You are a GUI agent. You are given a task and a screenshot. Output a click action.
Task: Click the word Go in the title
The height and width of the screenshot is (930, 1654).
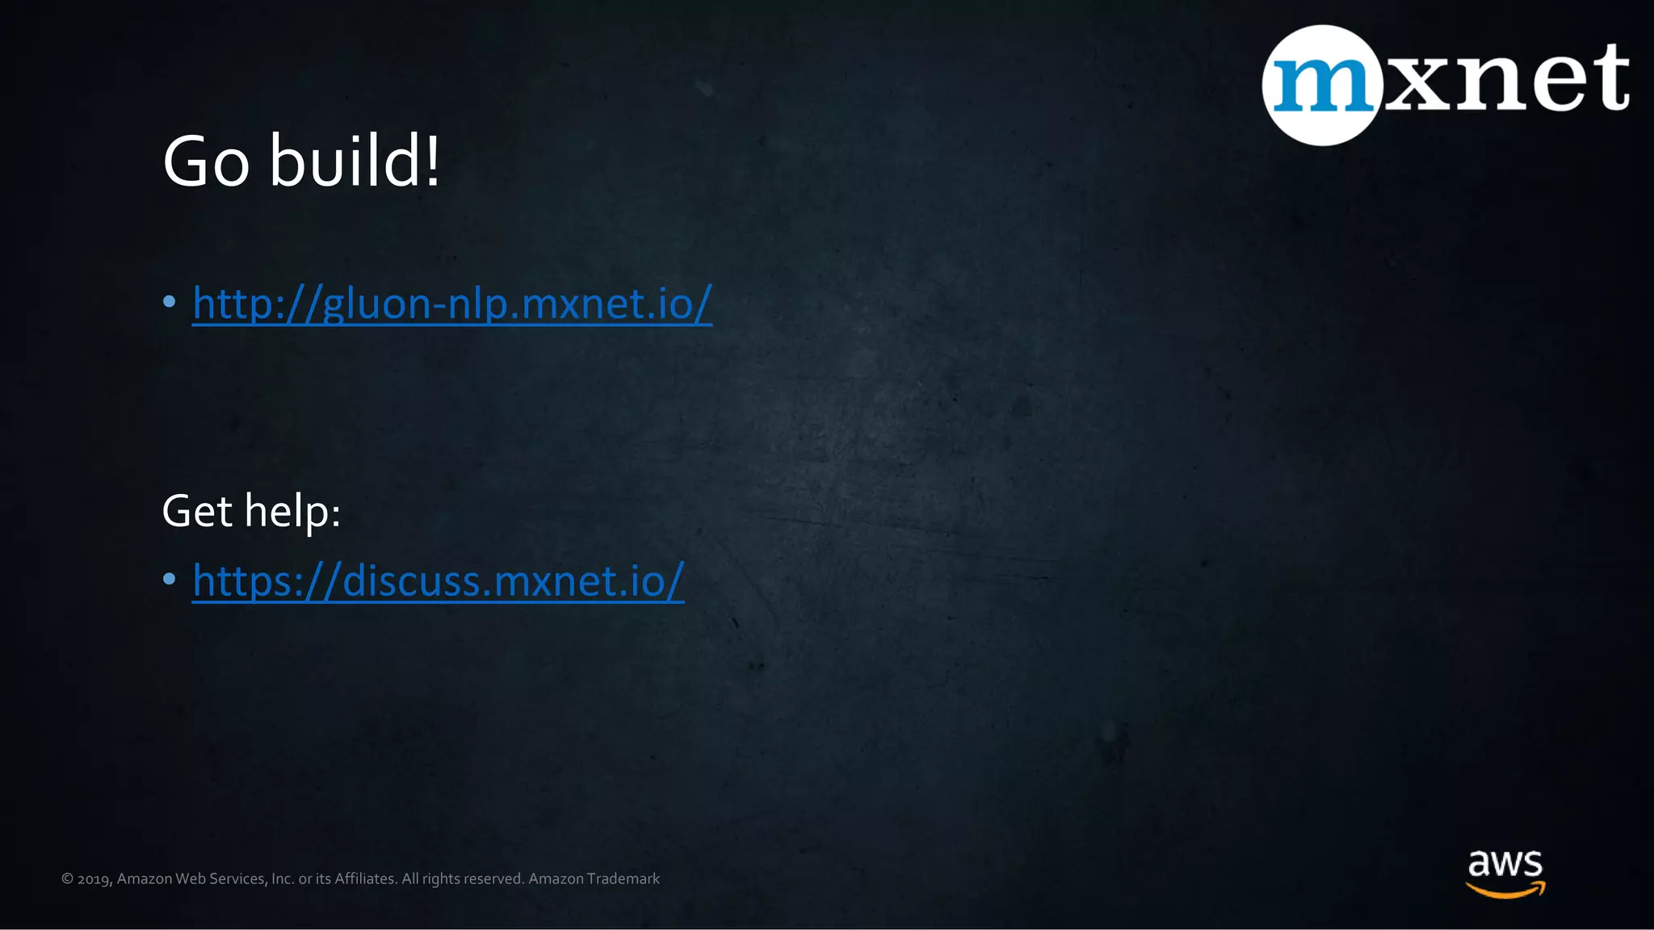click(206, 161)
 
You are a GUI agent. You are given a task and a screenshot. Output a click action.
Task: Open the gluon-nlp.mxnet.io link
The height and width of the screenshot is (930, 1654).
click(452, 304)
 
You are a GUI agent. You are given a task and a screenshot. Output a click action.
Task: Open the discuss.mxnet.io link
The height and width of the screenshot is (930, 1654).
click(438, 580)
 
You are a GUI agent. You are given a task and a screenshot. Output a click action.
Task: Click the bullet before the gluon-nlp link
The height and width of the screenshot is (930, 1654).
click(169, 302)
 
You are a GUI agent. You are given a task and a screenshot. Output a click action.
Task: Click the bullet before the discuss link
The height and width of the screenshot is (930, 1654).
click(169, 579)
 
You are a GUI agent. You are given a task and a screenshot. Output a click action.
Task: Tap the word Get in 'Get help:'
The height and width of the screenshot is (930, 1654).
click(197, 511)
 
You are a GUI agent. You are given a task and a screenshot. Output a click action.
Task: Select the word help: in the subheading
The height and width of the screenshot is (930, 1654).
click(292, 512)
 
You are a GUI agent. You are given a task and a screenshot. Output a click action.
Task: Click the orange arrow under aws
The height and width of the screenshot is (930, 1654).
click(1505, 890)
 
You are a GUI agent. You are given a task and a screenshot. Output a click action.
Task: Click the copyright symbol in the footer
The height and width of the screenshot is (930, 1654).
click(67, 879)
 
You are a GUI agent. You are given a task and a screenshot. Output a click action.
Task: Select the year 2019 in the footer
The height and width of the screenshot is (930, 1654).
click(94, 879)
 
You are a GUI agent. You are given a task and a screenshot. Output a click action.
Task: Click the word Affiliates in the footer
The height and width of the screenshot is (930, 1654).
click(365, 878)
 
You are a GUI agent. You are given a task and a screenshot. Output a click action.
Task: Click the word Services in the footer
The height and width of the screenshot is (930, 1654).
click(236, 878)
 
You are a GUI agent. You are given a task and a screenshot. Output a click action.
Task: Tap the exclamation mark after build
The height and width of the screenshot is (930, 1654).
click(434, 160)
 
